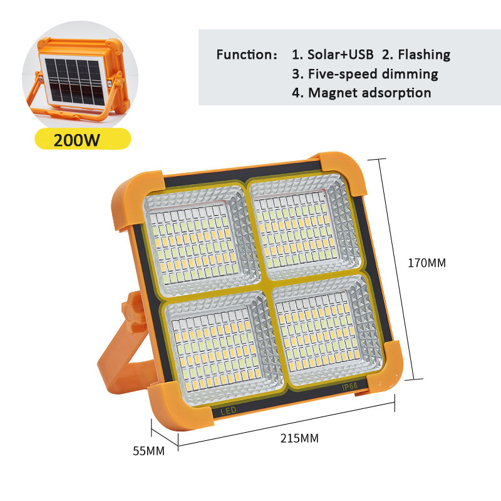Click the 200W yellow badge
[83, 139]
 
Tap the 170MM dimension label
[426, 263]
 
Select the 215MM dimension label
[299, 438]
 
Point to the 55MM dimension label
[148, 451]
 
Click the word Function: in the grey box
[247, 54]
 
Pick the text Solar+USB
[340, 54]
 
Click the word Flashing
[424, 55]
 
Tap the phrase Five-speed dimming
[373, 74]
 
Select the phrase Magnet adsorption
[369, 93]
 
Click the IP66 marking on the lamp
[350, 386]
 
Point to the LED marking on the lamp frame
[228, 411]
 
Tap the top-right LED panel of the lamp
[305, 225]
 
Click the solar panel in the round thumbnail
[75, 81]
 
